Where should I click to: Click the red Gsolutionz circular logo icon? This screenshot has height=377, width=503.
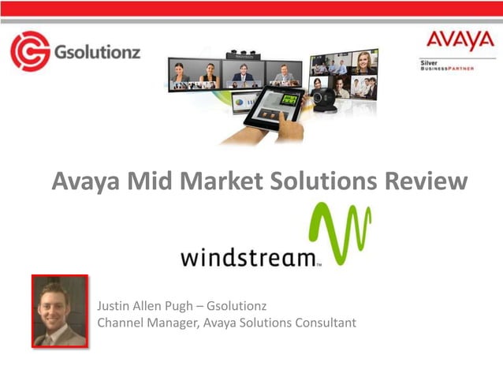(x=30, y=52)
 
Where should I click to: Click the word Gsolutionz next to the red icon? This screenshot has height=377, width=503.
(x=92, y=53)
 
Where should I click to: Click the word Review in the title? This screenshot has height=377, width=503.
(x=427, y=181)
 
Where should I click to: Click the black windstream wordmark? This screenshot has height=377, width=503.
(x=250, y=257)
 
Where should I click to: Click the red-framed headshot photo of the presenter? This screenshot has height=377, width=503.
(x=60, y=311)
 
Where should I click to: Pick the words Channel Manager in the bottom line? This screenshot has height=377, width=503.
(x=140, y=323)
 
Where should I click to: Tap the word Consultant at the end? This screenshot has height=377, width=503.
(x=323, y=323)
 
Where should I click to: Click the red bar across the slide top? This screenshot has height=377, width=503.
(x=251, y=9)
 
